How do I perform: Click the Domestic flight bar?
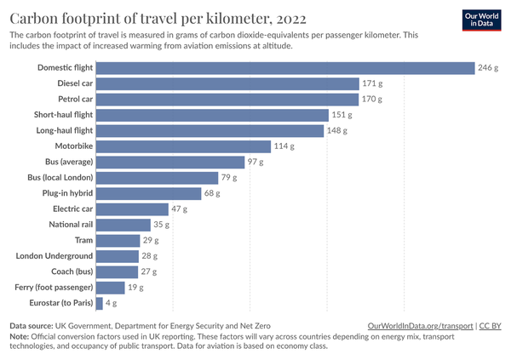[285, 68]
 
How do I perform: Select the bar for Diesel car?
[228, 83]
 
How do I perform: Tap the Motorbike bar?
[185, 146]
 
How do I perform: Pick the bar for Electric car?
[133, 209]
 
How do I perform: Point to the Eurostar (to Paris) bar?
[100, 303]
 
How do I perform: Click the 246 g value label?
[488, 68]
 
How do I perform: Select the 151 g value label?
[342, 115]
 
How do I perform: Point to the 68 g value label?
[213, 193]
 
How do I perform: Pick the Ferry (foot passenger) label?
[53, 288]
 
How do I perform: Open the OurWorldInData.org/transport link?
[421, 326]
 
